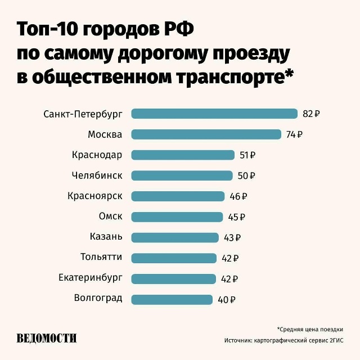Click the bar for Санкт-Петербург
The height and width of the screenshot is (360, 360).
coord(214,114)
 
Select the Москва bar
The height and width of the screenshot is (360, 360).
coord(206,134)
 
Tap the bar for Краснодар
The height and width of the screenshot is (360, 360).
coord(183,155)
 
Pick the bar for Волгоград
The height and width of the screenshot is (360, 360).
coord(172,299)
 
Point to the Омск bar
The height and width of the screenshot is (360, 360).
coord(177,217)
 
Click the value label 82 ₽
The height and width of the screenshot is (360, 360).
coord(311,114)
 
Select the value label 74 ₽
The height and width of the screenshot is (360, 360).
coord(294,134)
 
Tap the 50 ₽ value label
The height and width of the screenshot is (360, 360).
coord(246,176)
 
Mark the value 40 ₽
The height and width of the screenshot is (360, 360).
coord(226,300)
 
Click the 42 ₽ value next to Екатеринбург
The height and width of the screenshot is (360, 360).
coord(230,279)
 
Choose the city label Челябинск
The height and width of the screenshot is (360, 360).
coord(97,175)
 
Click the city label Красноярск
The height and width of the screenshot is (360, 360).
coord(94,196)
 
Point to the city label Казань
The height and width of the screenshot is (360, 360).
coord(106,237)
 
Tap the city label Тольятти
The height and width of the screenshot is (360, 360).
coord(101,257)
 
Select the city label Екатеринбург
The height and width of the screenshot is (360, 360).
coord(90,278)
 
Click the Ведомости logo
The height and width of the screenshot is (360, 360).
coord(47,338)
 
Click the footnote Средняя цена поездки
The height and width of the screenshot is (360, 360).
coord(310,330)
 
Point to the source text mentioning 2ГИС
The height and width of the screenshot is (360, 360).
coord(283,341)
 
